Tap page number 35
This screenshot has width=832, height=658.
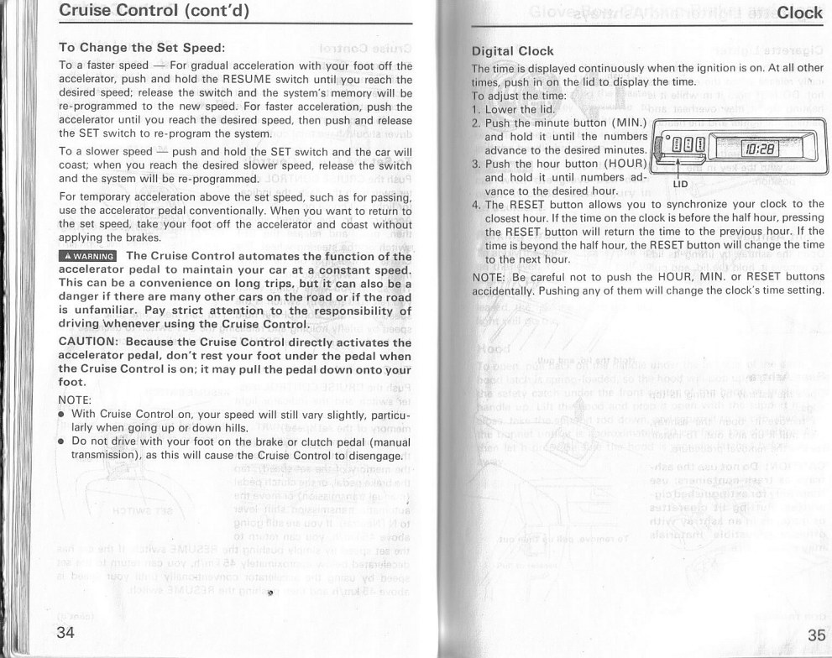(x=815, y=634)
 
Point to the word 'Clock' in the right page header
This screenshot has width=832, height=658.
(x=800, y=12)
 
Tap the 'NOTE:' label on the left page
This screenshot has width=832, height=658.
(x=75, y=399)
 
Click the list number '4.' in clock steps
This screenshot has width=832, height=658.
(x=476, y=204)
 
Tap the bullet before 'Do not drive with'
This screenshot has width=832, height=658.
(x=63, y=441)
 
